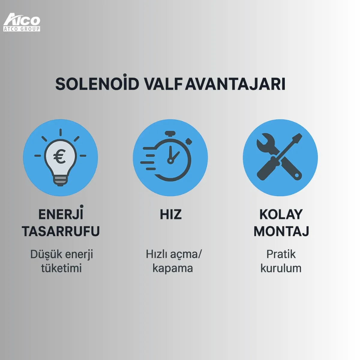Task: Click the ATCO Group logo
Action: pyautogui.click(x=22, y=22)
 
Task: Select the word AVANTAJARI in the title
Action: pyautogui.click(x=235, y=84)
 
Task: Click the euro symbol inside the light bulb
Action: pyautogui.click(x=60, y=156)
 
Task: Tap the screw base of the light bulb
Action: pyautogui.click(x=60, y=181)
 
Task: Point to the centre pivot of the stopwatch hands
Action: pyautogui.click(x=170, y=160)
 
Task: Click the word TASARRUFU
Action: pyautogui.click(x=61, y=231)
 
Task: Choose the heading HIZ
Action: pyautogui.click(x=171, y=214)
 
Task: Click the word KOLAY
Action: pyautogui.click(x=281, y=214)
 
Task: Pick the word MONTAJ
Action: pyautogui.click(x=281, y=231)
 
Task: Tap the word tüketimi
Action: pyautogui.click(x=61, y=268)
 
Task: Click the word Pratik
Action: pyautogui.click(x=281, y=254)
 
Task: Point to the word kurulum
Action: pyautogui.click(x=281, y=268)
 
